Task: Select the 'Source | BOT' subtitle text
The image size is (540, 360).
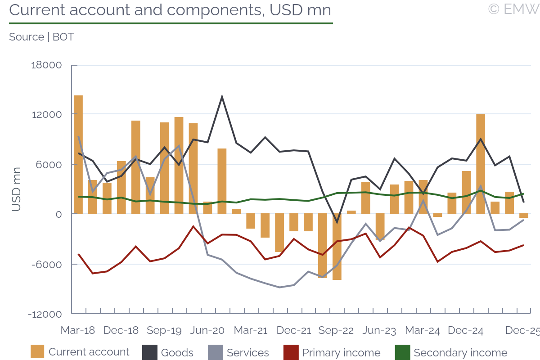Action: (41, 37)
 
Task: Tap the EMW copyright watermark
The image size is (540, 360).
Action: (513, 9)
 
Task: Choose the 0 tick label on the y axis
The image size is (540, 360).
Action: (58, 214)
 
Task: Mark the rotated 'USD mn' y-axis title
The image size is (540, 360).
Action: (16, 189)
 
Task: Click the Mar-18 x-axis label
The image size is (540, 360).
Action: (78, 330)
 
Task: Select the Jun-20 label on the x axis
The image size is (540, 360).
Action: (207, 330)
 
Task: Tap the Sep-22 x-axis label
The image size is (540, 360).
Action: (336, 330)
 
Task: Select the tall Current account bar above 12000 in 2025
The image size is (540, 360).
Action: (481, 164)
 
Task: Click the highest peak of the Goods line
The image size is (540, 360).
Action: (222, 97)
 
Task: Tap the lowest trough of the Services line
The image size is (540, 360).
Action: (279, 287)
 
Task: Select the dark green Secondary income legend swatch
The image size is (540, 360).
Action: (401, 352)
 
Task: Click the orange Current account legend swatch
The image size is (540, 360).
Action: (37, 352)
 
